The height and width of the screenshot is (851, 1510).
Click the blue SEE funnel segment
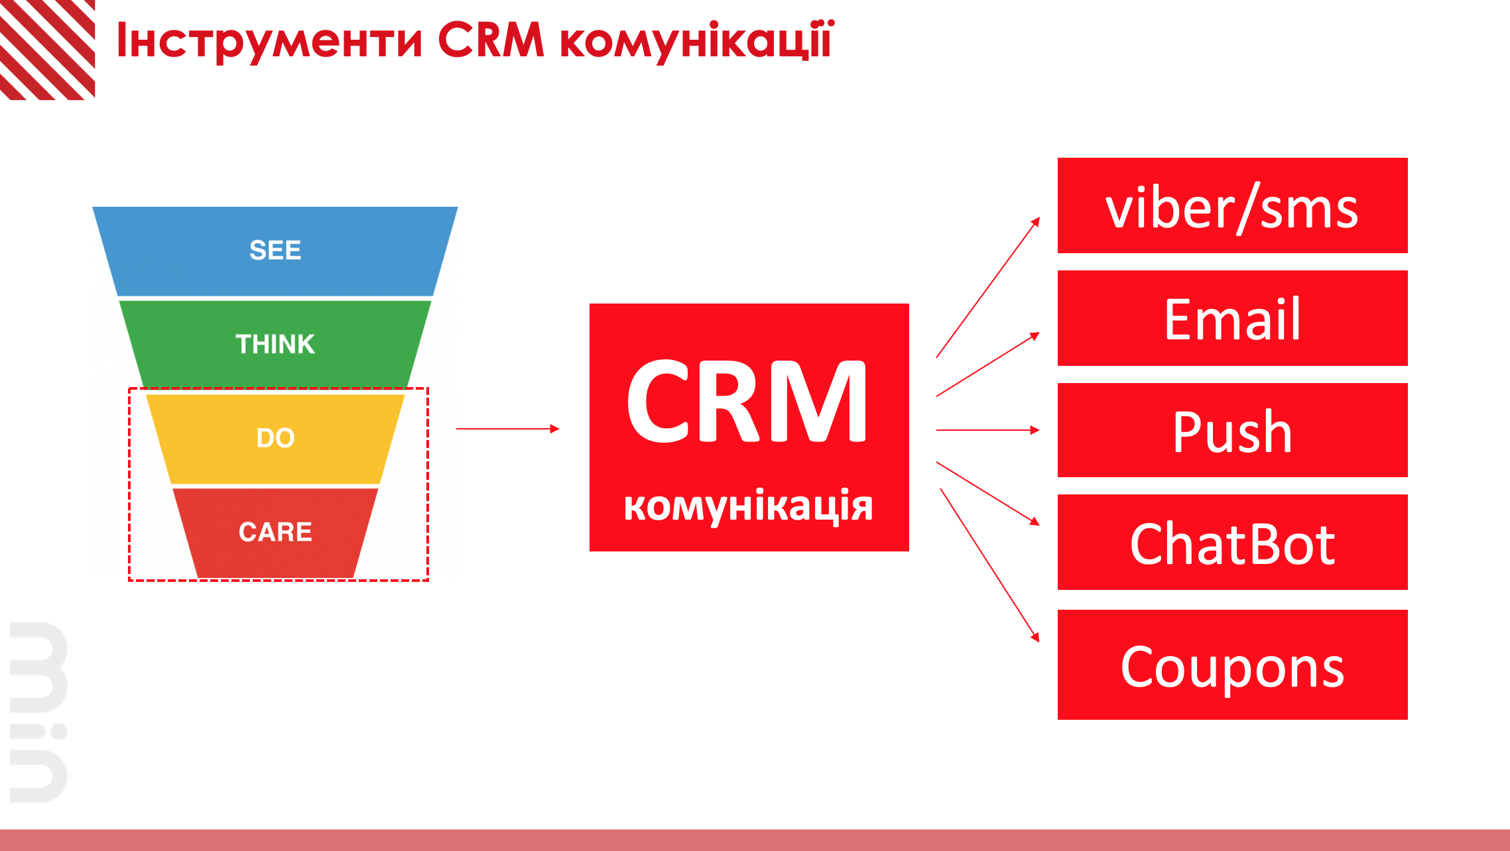[275, 251]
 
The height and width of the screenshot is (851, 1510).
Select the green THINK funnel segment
[275, 344]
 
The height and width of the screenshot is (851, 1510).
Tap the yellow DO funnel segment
[275, 439]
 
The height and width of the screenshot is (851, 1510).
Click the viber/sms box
[1232, 205]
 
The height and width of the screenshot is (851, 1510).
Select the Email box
[1232, 318]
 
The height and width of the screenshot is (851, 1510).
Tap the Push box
[1232, 430]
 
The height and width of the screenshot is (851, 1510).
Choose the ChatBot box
[1232, 542]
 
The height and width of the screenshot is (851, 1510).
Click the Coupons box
[1232, 665]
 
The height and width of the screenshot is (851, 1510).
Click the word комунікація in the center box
[748, 506]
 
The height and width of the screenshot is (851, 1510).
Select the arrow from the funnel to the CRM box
[508, 429]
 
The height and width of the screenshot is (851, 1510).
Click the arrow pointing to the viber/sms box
[988, 287]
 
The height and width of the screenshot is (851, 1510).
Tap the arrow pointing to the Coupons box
[990, 565]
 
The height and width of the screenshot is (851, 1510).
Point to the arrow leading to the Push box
[988, 430]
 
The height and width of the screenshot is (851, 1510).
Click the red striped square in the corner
[47, 50]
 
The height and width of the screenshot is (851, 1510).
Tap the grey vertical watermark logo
[38, 712]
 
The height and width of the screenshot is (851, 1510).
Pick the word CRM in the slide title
[491, 40]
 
